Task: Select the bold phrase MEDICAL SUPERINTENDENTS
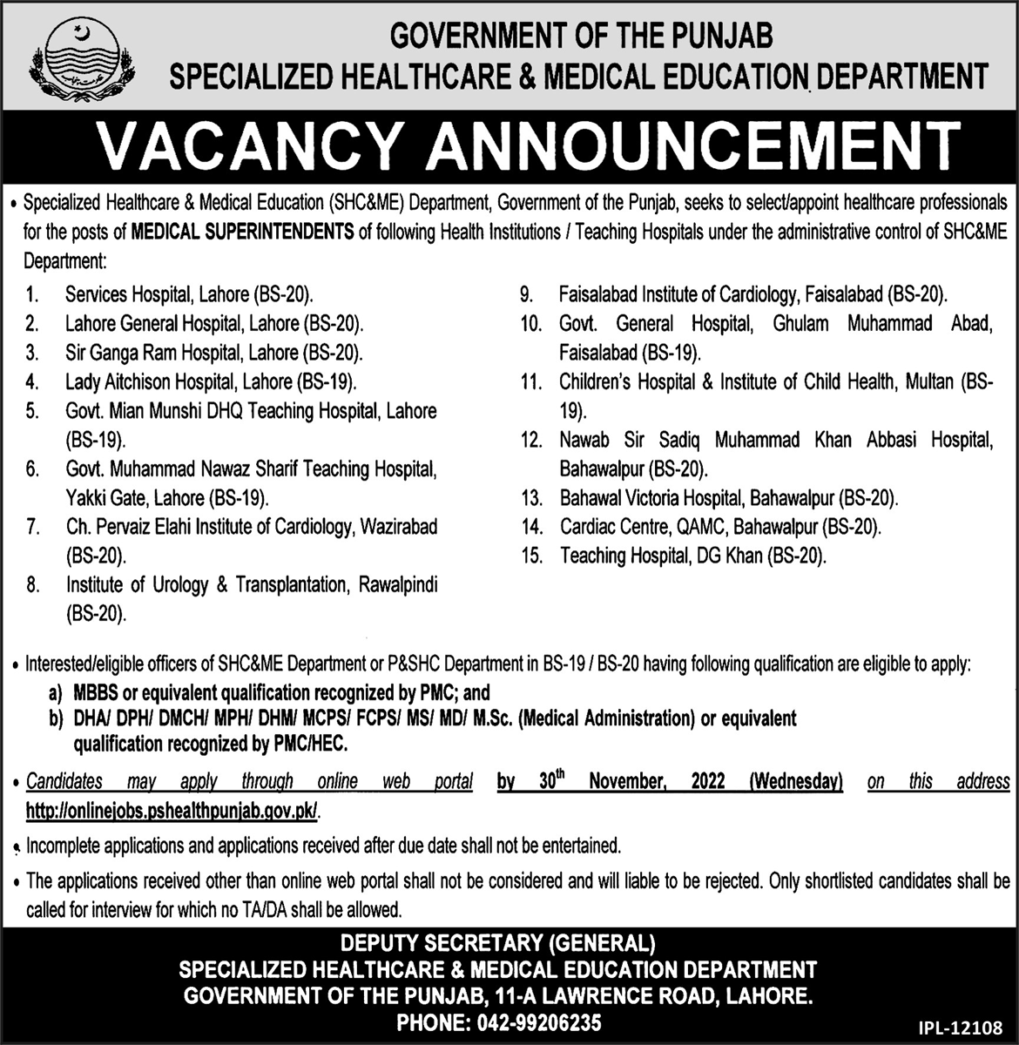[242, 231]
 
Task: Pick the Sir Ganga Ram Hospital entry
[213, 353]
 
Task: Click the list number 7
[32, 527]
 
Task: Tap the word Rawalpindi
[398, 585]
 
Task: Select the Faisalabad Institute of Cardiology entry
[753, 294]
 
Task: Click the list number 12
[531, 441]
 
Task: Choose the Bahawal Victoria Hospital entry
[728, 498]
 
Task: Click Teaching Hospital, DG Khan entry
[693, 556]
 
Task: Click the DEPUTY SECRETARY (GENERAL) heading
[497, 943]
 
